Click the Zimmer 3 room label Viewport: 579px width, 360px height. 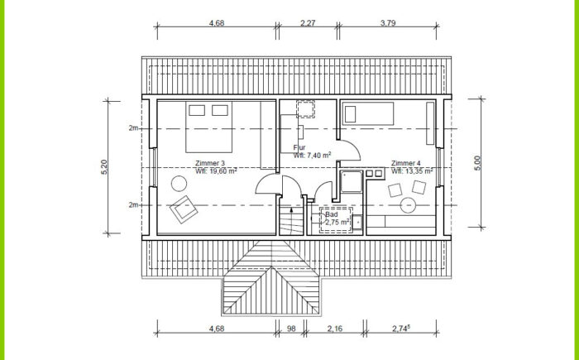pos(210,163)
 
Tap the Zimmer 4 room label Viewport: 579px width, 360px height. pos(406,163)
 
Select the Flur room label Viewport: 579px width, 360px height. pos(299,148)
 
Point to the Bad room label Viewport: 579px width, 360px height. pos(331,214)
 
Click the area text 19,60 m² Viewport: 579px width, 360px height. pos(221,170)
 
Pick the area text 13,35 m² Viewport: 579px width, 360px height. pos(417,171)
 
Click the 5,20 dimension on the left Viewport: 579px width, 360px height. pos(103,167)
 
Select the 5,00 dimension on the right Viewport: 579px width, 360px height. pos(477,163)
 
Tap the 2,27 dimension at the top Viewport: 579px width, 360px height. pos(308,23)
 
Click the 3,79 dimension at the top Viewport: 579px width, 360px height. pos(388,23)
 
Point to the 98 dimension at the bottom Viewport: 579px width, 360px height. pos(291,329)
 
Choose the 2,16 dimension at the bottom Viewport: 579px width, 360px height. pos(335,329)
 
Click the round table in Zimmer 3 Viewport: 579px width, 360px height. pos(179,184)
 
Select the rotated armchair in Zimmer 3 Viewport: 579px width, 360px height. pos(184,209)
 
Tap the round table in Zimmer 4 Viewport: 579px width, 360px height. pos(408,205)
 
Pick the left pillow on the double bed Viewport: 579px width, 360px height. pos(197,110)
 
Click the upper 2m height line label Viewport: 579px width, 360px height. pos(133,128)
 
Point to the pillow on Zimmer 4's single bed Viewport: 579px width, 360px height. pos(350,114)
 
